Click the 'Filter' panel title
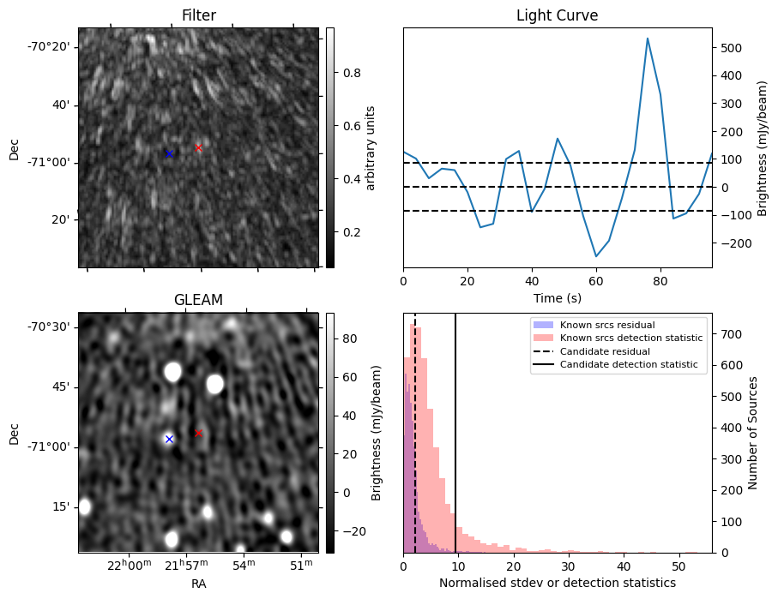[198, 15]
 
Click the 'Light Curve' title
[557, 15]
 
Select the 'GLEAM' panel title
[198, 300]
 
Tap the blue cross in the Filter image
[169, 153]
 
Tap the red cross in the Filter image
[198, 147]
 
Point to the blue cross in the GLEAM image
[169, 439]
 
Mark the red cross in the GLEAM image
[198, 433]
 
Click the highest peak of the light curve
[648, 39]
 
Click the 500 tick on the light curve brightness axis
[729, 48]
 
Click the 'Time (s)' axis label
[557, 297]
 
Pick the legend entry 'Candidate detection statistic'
[631, 365]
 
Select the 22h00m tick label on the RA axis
[124, 566]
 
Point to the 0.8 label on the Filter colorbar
[351, 74]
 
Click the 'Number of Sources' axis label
[753, 433]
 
